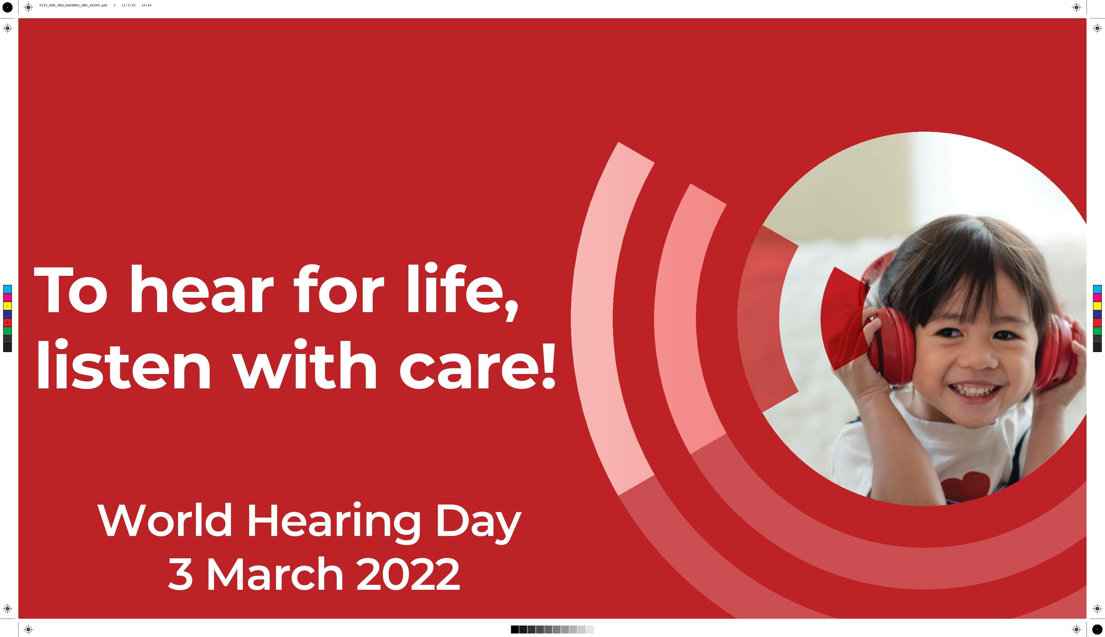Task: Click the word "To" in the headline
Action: (x=70, y=290)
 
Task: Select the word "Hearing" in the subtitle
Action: (x=334, y=523)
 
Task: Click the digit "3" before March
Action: (x=180, y=574)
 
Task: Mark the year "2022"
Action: (x=408, y=574)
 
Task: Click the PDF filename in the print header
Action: (x=73, y=5)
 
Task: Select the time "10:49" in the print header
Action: (x=147, y=5)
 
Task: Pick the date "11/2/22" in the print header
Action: (x=129, y=5)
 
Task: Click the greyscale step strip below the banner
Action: (x=552, y=629)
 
